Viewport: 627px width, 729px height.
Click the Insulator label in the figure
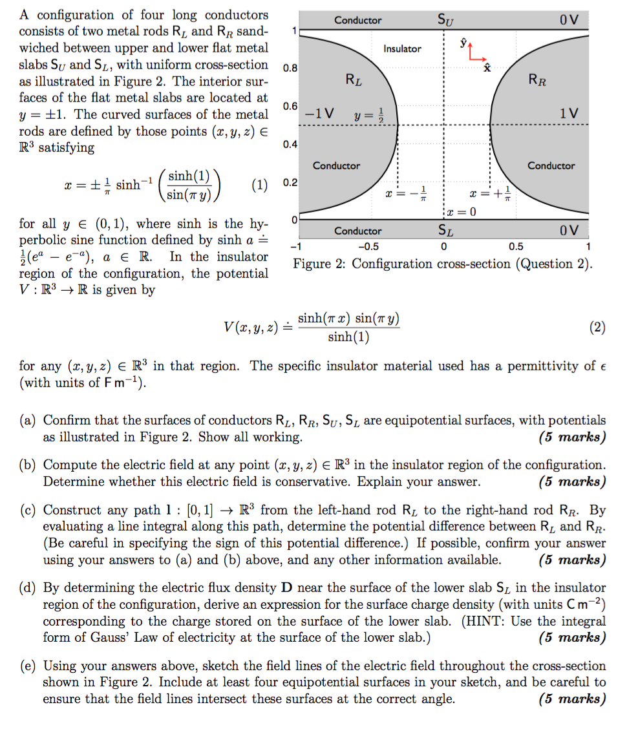click(x=402, y=48)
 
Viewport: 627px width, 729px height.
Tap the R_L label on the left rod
click(x=354, y=80)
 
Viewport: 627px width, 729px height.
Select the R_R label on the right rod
click(x=537, y=79)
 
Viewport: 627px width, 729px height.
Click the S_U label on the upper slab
click(x=445, y=20)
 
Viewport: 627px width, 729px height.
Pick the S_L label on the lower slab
click(x=445, y=230)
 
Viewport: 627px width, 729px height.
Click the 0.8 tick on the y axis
click(x=290, y=68)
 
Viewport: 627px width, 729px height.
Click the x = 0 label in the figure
click(x=462, y=213)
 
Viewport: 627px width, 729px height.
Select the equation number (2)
click(x=597, y=328)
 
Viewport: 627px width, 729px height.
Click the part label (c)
click(x=28, y=510)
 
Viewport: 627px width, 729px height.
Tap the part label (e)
click(x=28, y=666)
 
